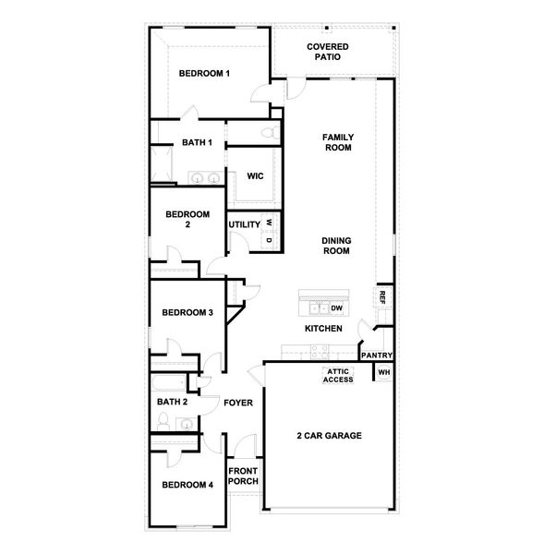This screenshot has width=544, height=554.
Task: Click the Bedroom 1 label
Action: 204,74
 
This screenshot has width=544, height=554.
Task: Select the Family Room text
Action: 338,142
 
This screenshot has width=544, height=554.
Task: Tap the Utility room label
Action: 245,224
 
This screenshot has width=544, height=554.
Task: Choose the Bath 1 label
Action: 197,142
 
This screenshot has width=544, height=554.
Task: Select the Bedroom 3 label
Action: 187,313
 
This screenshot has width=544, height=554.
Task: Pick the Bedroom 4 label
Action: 187,485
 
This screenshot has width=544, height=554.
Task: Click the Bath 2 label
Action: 173,402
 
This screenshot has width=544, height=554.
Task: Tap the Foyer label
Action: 238,403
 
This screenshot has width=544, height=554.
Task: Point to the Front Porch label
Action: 244,476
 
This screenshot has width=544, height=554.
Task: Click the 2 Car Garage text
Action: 329,436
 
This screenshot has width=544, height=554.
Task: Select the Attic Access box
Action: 338,376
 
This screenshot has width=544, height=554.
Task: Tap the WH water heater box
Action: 384,373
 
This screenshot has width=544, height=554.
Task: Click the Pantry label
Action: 377,355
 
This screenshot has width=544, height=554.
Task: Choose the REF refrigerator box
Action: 381,297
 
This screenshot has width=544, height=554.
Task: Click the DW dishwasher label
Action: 337,308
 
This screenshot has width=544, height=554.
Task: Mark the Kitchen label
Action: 324,329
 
